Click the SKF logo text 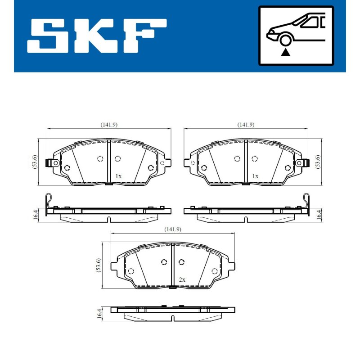97,36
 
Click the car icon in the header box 296,29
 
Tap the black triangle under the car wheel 285,52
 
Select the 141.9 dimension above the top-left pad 109,125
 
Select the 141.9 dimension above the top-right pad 246,125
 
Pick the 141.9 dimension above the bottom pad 173,229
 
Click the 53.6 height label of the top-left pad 35,162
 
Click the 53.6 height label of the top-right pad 318,162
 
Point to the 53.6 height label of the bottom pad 99,265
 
